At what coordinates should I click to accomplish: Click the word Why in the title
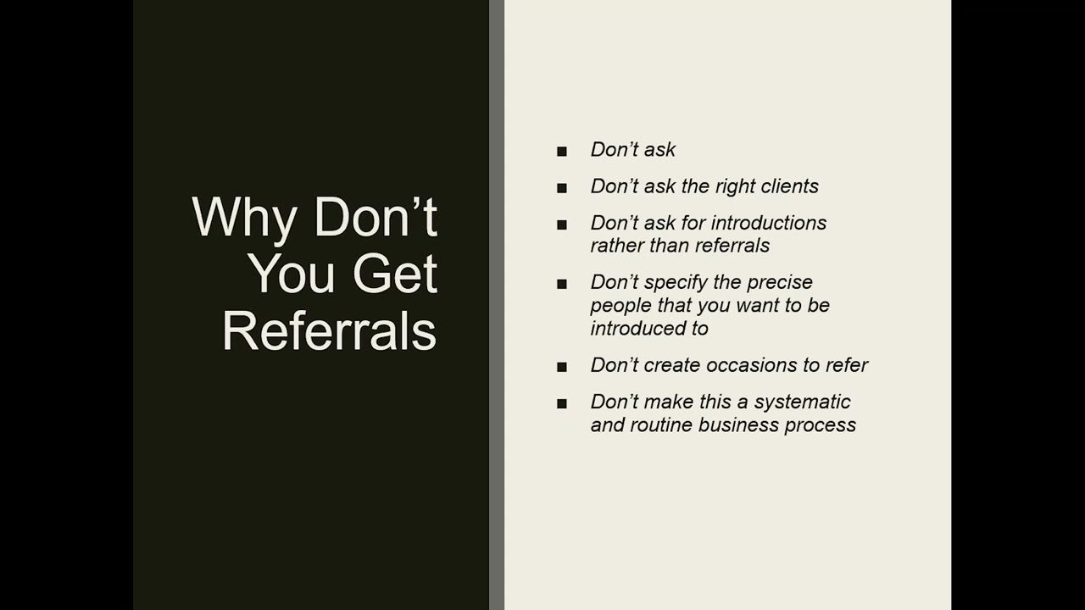[245, 219]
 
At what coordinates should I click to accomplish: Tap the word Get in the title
[395, 274]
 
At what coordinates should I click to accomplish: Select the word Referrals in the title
[330, 330]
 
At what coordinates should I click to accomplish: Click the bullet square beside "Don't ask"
[562, 152]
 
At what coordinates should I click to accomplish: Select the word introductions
[769, 223]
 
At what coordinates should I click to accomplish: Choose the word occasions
[751, 365]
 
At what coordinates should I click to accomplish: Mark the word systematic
[801, 402]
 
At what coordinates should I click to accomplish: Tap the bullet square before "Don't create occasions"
[562, 367]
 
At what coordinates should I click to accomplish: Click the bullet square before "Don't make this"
[562, 404]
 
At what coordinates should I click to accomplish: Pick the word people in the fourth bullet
[615, 306]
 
